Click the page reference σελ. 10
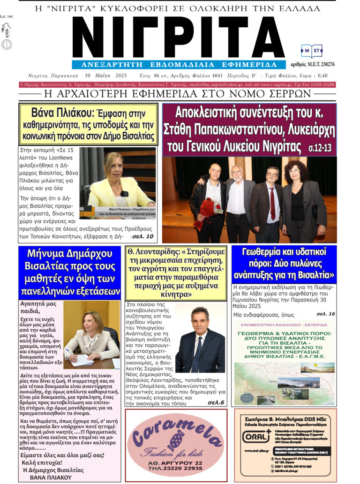point(142,236)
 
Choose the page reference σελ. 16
point(326,313)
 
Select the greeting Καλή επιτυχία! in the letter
point(41,462)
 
